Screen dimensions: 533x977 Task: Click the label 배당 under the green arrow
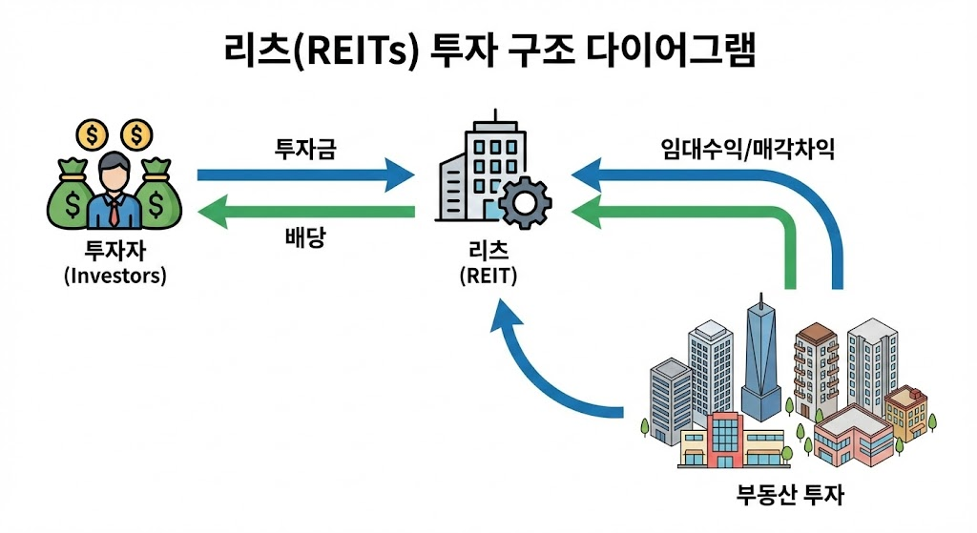305,237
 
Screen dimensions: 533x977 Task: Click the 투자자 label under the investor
114,253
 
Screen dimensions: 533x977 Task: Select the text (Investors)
114,276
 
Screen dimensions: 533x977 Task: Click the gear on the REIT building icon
525,202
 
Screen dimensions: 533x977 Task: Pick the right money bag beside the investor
156,195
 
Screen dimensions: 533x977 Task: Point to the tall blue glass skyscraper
761,362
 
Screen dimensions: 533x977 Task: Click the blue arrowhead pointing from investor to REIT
399,175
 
